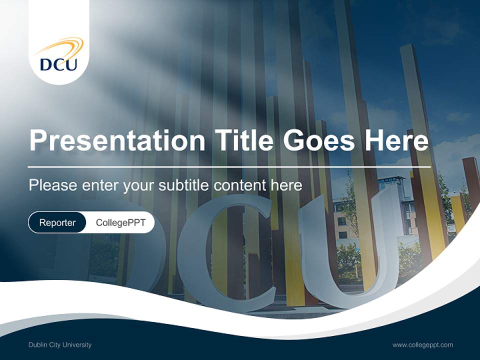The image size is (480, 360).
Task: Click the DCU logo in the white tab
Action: (x=59, y=55)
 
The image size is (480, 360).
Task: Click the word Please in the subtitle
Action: (x=52, y=185)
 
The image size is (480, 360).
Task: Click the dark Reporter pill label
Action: (x=57, y=222)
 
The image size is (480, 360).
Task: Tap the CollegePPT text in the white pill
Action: (x=120, y=222)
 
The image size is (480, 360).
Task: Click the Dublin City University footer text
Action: (x=60, y=345)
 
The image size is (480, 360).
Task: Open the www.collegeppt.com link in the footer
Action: (x=422, y=345)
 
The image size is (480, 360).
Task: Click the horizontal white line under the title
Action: (x=229, y=166)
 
